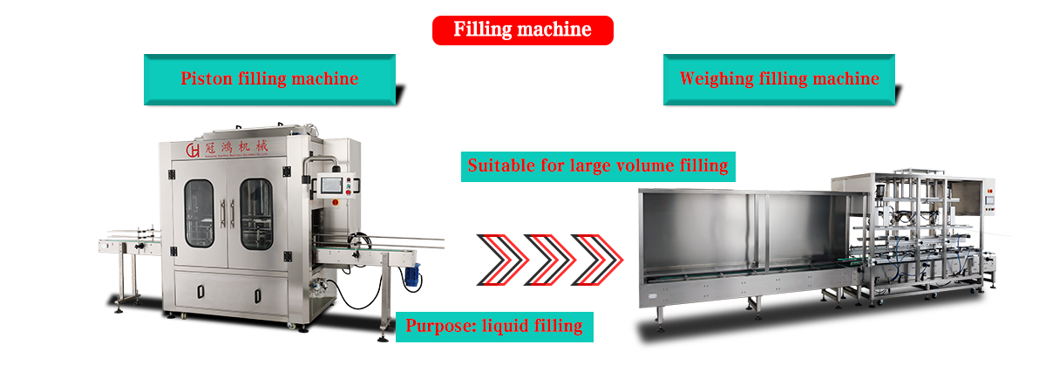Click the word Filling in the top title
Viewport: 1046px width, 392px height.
[482, 30]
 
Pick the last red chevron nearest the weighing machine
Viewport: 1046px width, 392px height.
[601, 259]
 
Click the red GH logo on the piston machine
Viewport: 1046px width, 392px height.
[193, 150]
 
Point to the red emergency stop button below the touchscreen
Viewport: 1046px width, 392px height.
[335, 201]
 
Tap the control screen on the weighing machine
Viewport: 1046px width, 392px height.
[989, 199]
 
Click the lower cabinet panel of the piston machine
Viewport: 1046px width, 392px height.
[230, 293]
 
